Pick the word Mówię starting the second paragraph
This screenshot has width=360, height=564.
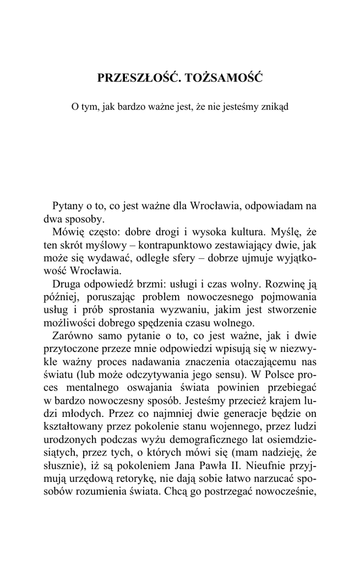[x=67, y=231]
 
